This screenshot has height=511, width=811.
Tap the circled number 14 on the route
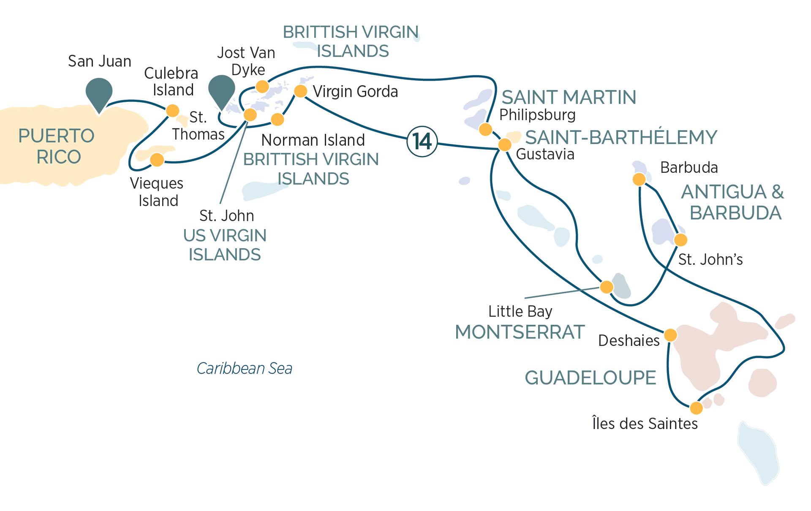click(x=422, y=141)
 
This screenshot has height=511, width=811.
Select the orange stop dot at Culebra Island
click(x=172, y=111)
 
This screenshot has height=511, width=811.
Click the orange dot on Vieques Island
click(x=157, y=160)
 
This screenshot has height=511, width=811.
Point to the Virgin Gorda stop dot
click(x=300, y=91)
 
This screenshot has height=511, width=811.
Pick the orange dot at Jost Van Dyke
click(x=262, y=87)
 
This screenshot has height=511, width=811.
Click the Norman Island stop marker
click(x=278, y=120)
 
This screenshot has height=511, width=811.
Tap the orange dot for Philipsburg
click(x=486, y=129)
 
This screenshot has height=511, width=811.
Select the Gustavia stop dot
click(x=505, y=145)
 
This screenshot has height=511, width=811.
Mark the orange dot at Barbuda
click(x=640, y=179)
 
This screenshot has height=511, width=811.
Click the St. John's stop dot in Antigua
click(x=680, y=240)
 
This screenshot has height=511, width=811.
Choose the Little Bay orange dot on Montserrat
click(x=607, y=287)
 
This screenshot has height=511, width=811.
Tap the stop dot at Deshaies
click(x=670, y=335)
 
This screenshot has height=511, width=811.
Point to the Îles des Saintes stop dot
click(x=696, y=408)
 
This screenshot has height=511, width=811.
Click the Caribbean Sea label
click(x=245, y=369)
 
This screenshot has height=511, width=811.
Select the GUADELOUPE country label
click(x=590, y=378)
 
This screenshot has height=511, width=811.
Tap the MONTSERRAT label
click(x=520, y=332)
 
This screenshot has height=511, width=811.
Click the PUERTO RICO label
click(x=57, y=147)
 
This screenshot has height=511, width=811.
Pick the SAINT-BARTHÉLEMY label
click(x=621, y=138)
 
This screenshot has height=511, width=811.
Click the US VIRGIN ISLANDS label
click(x=225, y=245)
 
